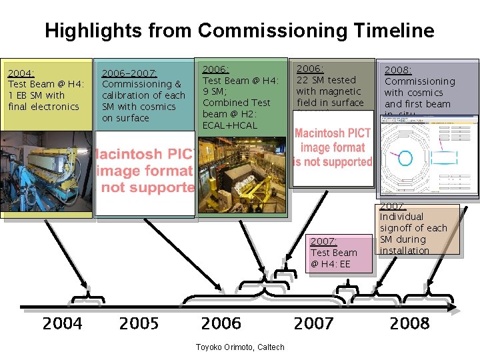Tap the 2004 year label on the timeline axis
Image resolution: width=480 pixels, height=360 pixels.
pyautogui.click(x=62, y=324)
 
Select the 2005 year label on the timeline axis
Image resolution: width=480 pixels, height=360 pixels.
pyautogui.click(x=139, y=324)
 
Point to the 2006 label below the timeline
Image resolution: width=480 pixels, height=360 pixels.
pyautogui.click(x=221, y=324)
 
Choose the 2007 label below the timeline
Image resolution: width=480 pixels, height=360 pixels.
pyautogui.click(x=313, y=324)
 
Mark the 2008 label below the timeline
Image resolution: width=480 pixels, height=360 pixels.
pyautogui.click(x=409, y=324)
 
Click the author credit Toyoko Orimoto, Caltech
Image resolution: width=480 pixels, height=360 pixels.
pyautogui.click(x=239, y=347)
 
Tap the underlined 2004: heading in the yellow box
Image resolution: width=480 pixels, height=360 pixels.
pyautogui.click(x=21, y=73)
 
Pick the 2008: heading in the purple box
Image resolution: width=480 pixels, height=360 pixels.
pyautogui.click(x=398, y=70)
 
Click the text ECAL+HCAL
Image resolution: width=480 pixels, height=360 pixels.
pyautogui.click(x=229, y=125)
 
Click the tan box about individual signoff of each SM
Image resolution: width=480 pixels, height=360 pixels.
pyautogui.click(x=419, y=230)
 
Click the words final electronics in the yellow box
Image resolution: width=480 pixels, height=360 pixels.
pyautogui.click(x=43, y=107)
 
